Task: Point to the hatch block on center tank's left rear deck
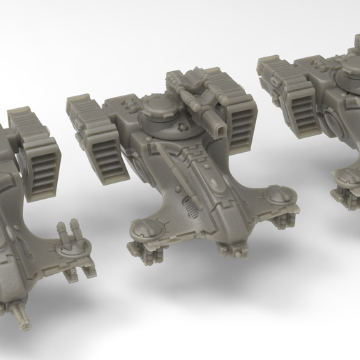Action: coord(129,105)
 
